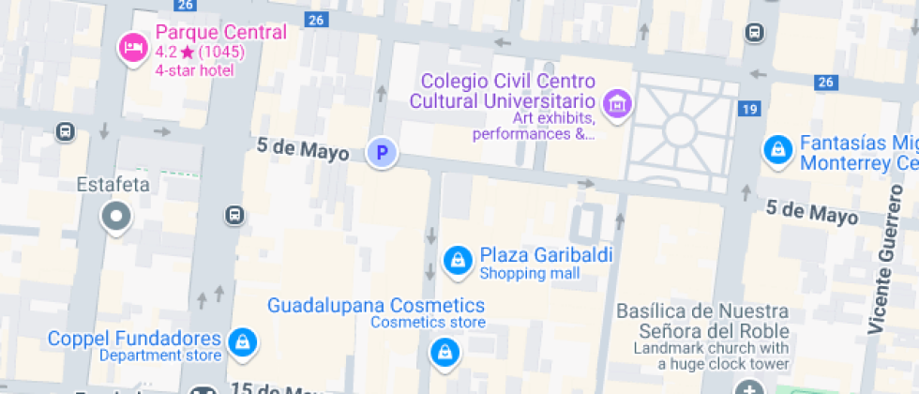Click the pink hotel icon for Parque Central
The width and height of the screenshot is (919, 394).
coord(132,47)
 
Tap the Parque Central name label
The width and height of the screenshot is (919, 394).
coord(220,33)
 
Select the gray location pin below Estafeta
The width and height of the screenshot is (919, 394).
coord(116,217)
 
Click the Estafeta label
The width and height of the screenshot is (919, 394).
coord(113,185)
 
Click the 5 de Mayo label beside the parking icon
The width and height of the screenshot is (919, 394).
coord(303,149)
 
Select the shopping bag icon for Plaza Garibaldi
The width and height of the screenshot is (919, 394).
coord(457,260)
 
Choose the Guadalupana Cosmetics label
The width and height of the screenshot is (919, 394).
coord(376,305)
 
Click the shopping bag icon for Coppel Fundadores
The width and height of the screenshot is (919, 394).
coord(243,342)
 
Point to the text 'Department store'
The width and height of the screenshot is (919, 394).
coord(160,356)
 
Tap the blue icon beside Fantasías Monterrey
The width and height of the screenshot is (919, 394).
coord(776,150)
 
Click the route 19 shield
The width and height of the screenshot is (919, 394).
coord(747,110)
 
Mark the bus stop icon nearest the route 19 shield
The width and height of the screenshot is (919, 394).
coord(754,33)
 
